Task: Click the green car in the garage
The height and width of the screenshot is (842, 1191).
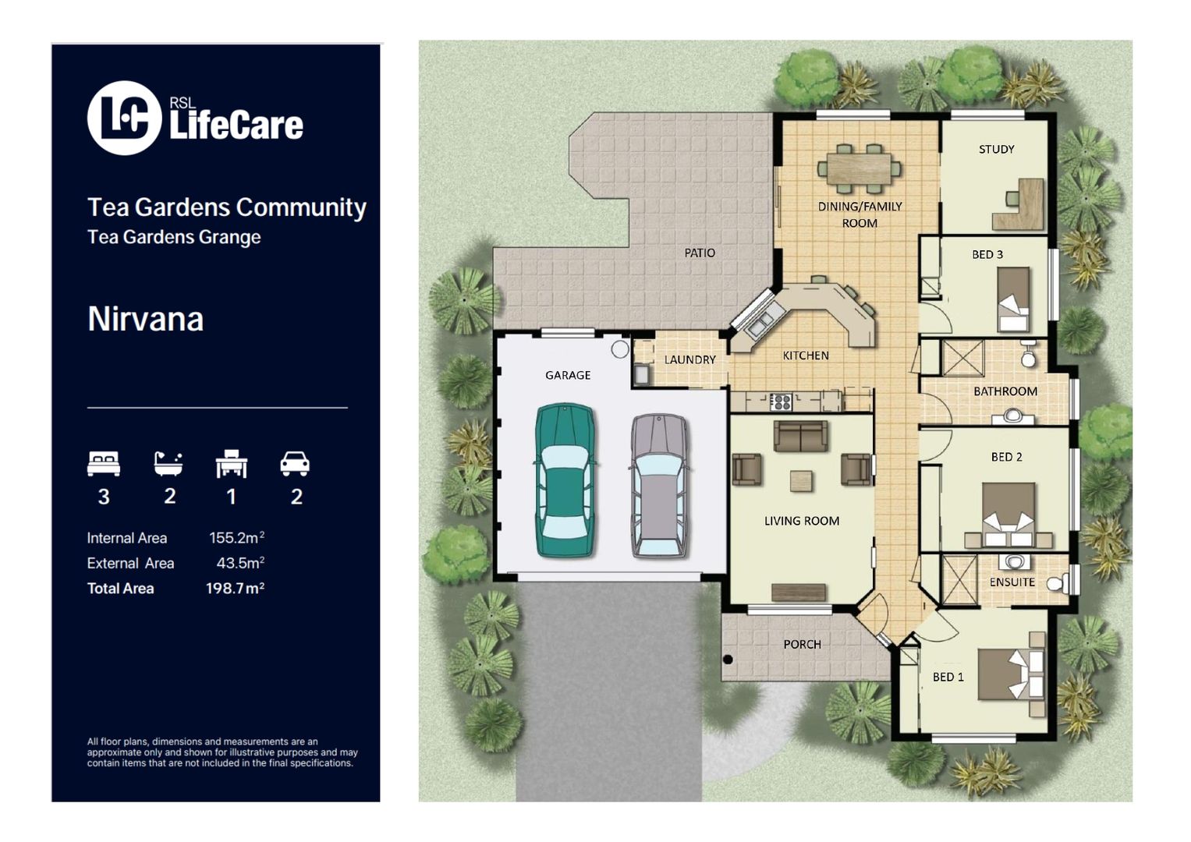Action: [565, 479]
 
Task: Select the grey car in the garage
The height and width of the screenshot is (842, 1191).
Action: [659, 486]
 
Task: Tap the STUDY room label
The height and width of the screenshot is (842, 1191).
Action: [996, 149]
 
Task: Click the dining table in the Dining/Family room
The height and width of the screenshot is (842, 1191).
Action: [859, 168]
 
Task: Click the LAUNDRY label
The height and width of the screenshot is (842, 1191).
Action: [689, 359]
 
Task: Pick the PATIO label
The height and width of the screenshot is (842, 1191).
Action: [699, 253]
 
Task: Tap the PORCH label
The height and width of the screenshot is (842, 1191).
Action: [802, 644]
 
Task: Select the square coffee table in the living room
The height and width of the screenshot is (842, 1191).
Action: [801, 481]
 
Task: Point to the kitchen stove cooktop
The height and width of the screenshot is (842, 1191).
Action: [780, 402]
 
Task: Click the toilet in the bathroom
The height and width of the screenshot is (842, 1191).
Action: [1028, 356]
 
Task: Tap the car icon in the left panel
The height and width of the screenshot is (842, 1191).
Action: [295, 464]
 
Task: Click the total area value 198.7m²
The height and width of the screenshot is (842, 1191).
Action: [235, 588]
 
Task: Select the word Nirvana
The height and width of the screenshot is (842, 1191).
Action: [145, 319]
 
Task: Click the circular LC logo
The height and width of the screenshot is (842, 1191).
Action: [124, 118]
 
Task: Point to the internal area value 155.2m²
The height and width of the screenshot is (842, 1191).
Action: [236, 538]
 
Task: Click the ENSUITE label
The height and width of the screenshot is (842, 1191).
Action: [1012, 582]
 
